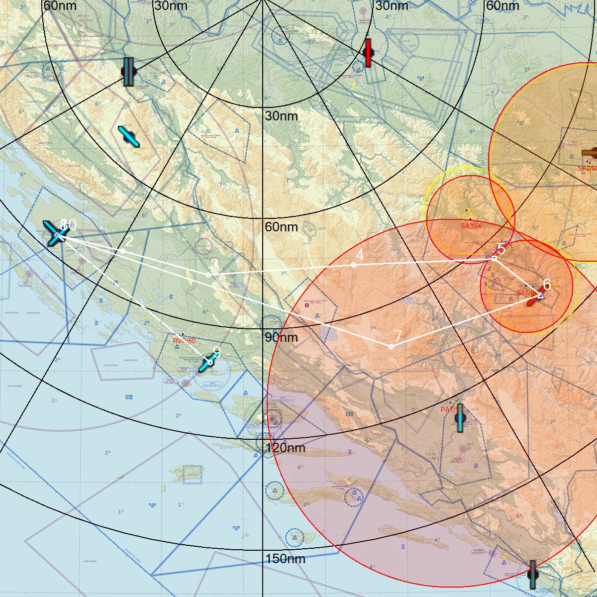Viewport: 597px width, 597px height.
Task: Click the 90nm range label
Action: pyautogui.click(x=281, y=337)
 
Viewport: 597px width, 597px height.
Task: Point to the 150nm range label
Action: pyautogui.click(x=285, y=559)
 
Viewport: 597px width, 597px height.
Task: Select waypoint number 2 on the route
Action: pyautogui.click(x=122, y=251)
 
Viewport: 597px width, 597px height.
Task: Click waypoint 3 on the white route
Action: pyautogui.click(x=208, y=275)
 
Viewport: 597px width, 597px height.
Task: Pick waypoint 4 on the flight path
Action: pyautogui.click(x=353, y=265)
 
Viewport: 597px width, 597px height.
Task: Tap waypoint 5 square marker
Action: pyautogui.click(x=494, y=258)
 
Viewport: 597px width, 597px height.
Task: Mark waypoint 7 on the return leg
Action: pyautogui.click(x=391, y=346)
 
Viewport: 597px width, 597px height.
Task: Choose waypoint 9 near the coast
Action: pyautogui.click(x=210, y=362)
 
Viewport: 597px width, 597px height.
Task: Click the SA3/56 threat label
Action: pyautogui.click(x=471, y=226)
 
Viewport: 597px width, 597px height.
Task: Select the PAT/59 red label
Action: pyautogui.click(x=451, y=409)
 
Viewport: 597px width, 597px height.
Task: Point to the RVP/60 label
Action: pyautogui.click(x=184, y=341)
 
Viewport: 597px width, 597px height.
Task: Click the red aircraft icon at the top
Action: pyautogui.click(x=368, y=53)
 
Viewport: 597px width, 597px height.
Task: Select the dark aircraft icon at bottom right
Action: pyautogui.click(x=532, y=574)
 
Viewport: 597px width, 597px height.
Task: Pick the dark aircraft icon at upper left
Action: pyautogui.click(x=128, y=72)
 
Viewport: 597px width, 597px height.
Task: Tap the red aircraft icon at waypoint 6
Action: pyautogui.click(x=534, y=297)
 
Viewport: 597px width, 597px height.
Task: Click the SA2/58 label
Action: pyautogui.click(x=587, y=169)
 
